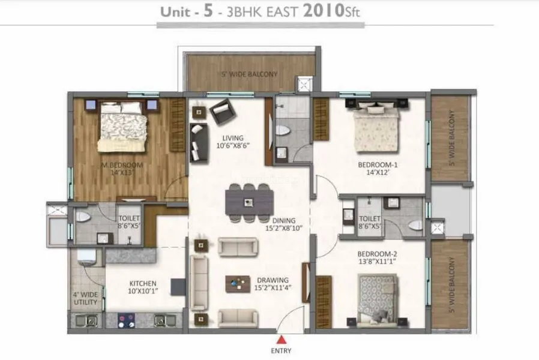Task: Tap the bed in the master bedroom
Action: point(122,125)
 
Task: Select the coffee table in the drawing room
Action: point(238,283)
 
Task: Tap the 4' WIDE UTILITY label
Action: point(86,298)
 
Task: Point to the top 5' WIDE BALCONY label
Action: point(249,74)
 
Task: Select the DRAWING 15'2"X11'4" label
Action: point(272,284)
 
